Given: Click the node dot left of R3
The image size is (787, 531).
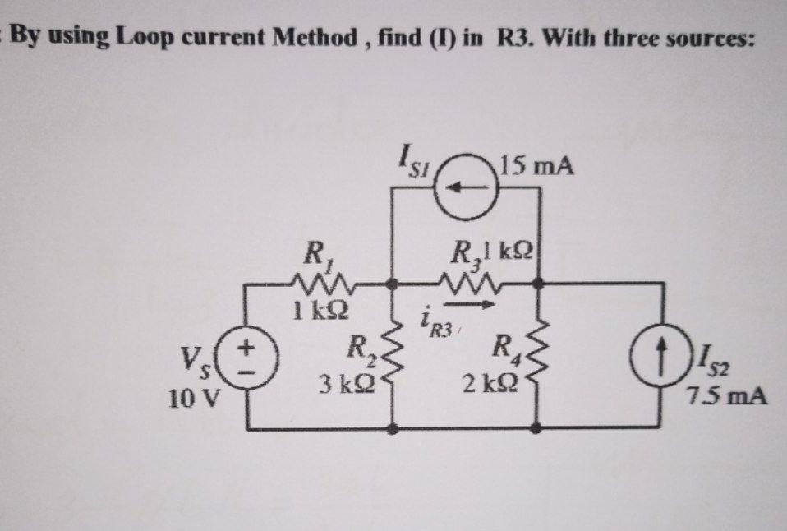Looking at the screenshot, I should pyautogui.click(x=393, y=284).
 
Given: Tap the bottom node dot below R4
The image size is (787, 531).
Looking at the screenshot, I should pyautogui.click(x=539, y=427).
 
